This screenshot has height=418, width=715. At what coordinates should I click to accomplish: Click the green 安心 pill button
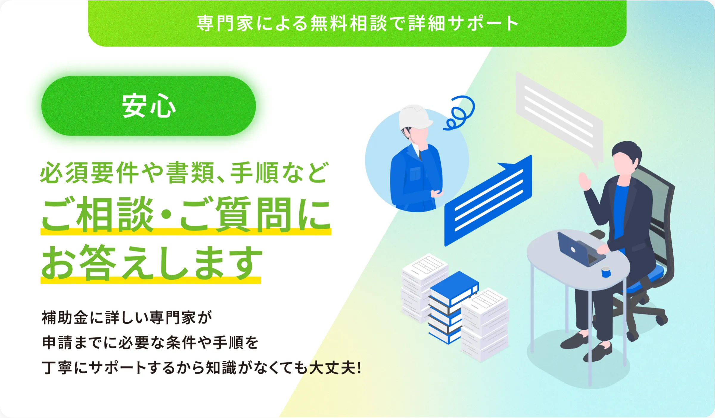[148, 106]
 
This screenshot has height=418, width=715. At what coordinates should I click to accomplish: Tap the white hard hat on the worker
[415, 117]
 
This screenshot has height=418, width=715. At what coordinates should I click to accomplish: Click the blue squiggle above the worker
[459, 113]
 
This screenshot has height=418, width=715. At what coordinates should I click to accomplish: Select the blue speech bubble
[488, 200]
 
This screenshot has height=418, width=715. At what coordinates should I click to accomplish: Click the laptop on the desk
[579, 250]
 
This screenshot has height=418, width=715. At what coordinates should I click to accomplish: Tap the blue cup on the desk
[606, 272]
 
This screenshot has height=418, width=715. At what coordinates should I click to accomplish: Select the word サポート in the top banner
[484, 23]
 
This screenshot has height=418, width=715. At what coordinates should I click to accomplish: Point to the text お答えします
[152, 263]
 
